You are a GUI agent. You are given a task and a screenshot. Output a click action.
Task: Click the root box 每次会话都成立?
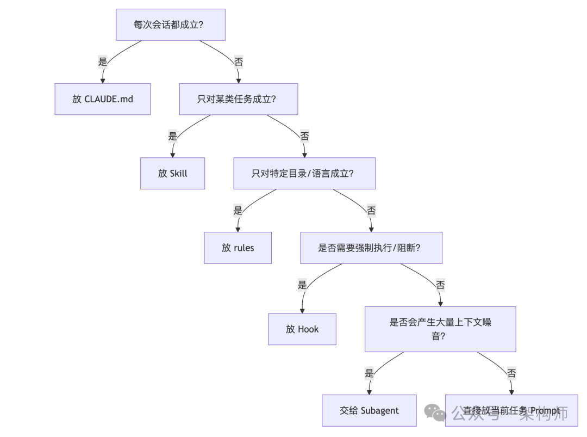point(171,24)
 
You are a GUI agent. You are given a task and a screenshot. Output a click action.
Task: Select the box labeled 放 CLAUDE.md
point(103,99)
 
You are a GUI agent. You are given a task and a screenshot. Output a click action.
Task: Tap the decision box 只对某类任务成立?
point(239,99)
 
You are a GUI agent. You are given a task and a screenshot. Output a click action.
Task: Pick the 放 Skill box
point(173,174)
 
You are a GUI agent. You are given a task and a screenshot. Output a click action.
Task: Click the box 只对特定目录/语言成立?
point(304,174)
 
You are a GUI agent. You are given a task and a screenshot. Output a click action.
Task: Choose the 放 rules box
point(238,248)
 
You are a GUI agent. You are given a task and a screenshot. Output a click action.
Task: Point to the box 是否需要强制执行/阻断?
point(371,248)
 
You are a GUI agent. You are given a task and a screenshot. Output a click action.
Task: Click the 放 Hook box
point(302,329)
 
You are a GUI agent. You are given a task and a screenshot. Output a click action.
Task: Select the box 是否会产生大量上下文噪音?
point(440,329)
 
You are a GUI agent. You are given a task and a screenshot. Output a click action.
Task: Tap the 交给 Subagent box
point(370,410)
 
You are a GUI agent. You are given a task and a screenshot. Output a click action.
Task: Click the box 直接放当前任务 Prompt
point(511,410)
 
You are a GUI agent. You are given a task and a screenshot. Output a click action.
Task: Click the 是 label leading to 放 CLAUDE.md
point(103,61)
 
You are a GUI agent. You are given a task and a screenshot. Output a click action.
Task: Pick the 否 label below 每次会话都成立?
point(239,61)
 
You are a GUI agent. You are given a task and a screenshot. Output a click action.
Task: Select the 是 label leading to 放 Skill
point(173,136)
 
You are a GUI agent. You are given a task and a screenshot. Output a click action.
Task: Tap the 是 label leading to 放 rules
point(238,210)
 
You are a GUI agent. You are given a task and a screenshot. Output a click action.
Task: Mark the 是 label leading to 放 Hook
point(302,285)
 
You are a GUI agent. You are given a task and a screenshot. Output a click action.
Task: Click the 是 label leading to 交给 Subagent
point(370,373)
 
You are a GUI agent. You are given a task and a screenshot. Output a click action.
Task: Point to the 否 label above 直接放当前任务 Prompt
point(511,373)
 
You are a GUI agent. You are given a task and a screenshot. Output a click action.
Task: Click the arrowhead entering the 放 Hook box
point(302,310)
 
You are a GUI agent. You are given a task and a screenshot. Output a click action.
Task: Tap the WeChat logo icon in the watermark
point(435,413)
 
